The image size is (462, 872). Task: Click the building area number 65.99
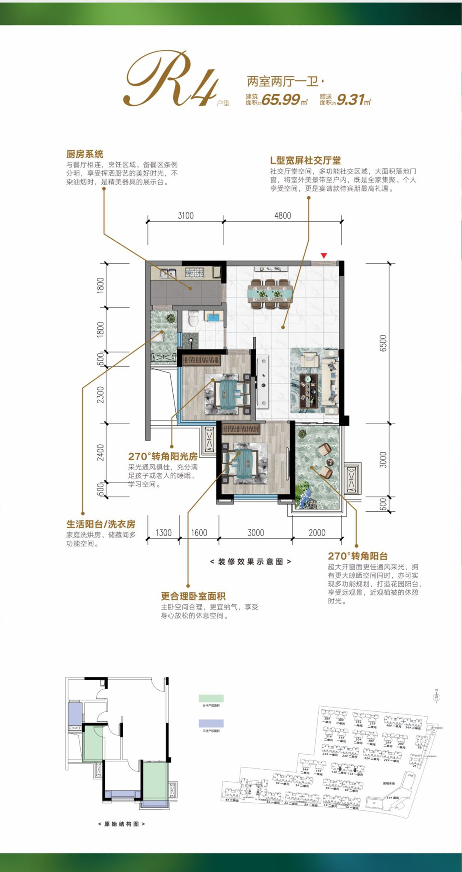[280, 100]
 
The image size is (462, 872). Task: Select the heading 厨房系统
[85, 154]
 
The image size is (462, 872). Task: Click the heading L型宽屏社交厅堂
[305, 161]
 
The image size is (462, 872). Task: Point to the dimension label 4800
[282, 216]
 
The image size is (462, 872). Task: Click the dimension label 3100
[186, 216]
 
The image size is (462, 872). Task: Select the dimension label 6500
[383, 343]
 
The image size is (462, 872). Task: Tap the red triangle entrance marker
[324, 256]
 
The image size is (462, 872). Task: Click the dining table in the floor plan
[270, 294]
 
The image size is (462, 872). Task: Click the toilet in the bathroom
[193, 319]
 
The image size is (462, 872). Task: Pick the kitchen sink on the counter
[169, 272]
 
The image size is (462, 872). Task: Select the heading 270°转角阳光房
[163, 457]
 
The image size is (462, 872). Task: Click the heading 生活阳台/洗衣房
[101, 524]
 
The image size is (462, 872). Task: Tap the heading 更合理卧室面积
[193, 596]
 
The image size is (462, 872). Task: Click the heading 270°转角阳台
[358, 556]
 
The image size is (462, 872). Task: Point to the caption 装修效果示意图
[251, 561]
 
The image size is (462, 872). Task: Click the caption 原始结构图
[121, 824]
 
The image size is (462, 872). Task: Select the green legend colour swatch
[211, 699]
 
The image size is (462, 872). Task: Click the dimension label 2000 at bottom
[317, 533]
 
